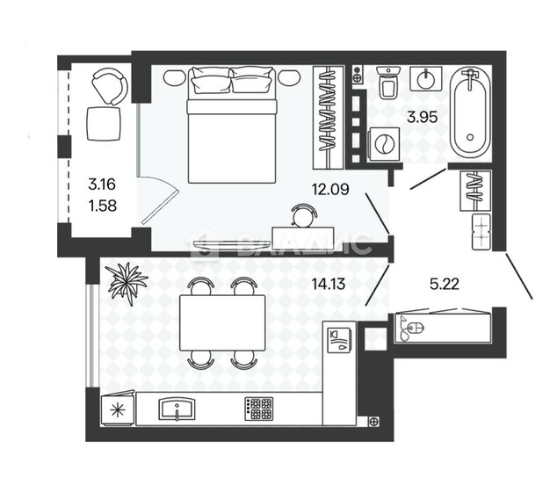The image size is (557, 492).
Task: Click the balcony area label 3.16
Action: point(101,184)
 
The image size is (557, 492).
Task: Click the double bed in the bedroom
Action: point(232,119)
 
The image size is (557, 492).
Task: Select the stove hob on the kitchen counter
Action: point(258,409)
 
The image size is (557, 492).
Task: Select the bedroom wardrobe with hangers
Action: point(328,117)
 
